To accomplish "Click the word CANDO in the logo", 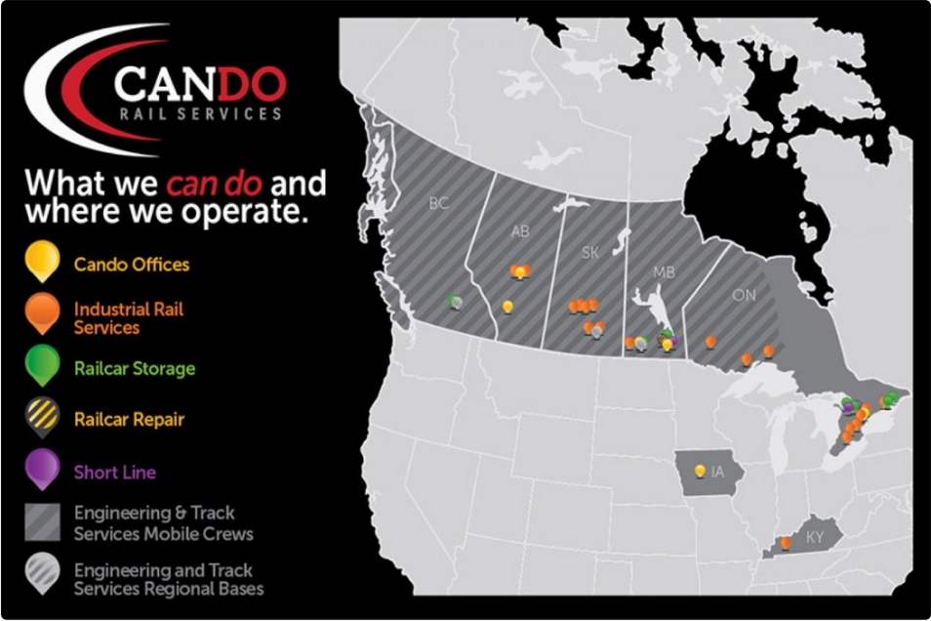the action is (199, 86).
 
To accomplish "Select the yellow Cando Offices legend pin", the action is (43, 262).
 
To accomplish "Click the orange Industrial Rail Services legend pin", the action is (43, 314).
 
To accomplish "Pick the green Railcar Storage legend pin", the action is (43, 366).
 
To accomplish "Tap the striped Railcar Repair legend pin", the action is (43, 418).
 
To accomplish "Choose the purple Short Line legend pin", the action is (43, 470).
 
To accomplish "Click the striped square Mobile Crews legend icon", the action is (43, 523).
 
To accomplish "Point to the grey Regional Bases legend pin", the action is (43, 575).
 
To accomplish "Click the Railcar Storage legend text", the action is (135, 369).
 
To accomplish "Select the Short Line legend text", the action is (115, 473).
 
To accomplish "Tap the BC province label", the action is (438, 204).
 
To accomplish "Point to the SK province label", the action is (589, 253).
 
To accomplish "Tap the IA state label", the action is (718, 473).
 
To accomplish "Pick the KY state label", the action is (815, 537).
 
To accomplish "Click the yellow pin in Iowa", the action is (699, 471).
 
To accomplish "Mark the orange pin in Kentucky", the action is (786, 542).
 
